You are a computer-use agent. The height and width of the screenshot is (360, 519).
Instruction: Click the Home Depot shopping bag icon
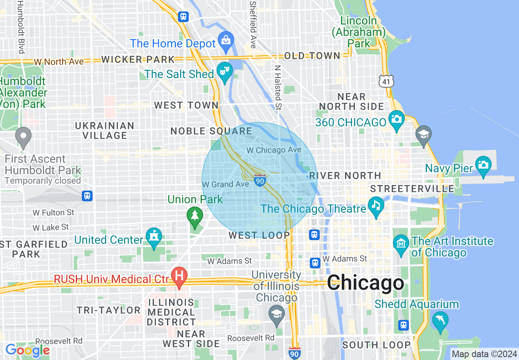click(225, 40)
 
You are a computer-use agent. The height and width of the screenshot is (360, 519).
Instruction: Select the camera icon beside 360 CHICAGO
click(396, 119)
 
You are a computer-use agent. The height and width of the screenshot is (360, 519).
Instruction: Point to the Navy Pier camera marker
click(483, 165)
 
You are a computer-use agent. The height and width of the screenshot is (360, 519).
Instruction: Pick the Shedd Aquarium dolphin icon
click(440, 320)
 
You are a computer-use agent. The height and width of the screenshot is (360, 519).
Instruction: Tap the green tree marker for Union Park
click(195, 215)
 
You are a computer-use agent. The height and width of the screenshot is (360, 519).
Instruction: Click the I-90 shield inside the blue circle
click(260, 180)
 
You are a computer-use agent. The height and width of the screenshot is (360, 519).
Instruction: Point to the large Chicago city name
click(365, 283)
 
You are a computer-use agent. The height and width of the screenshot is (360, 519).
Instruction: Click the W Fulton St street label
click(54, 213)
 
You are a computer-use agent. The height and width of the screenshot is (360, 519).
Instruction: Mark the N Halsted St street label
click(278, 88)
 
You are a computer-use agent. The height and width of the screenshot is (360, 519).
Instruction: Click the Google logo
click(27, 351)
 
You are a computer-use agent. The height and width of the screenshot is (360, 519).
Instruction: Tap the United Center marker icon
click(154, 237)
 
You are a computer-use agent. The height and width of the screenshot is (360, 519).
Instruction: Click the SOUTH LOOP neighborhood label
click(376, 345)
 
